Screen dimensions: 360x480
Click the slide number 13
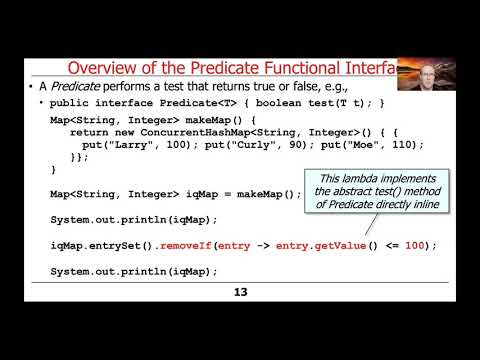(x=240, y=292)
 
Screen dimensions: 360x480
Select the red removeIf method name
(x=175, y=245)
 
